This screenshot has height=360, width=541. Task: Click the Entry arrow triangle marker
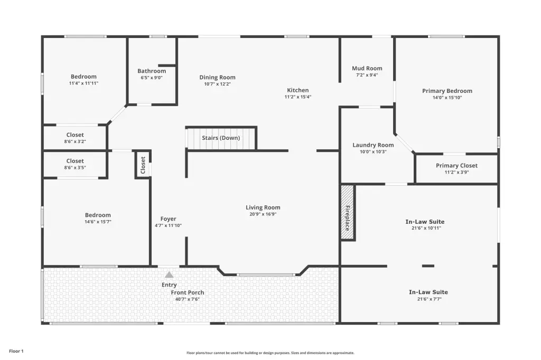coord(169,275)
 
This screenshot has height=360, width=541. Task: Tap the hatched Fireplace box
coord(348,212)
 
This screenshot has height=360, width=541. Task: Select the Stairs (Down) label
coord(221,138)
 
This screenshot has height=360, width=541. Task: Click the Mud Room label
coord(367,68)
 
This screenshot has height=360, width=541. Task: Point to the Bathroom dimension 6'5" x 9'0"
coord(152,78)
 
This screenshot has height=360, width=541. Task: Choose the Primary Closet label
coord(456,166)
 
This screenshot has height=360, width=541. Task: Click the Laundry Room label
coord(373,145)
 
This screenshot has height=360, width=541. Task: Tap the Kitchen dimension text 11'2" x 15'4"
coord(298,97)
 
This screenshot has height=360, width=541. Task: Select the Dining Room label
coord(217,78)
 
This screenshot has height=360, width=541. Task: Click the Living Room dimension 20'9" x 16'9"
coord(263,214)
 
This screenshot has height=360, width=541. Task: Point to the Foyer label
coord(169,219)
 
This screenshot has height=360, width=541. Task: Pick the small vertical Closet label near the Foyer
coord(143,165)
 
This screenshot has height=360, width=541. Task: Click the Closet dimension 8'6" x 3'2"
coord(75,141)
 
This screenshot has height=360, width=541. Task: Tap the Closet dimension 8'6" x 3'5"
coord(75,167)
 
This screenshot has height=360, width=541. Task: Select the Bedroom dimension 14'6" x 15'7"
coord(98,222)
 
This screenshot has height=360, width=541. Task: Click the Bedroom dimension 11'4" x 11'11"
coord(83,83)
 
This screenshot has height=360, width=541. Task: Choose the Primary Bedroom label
coord(447,91)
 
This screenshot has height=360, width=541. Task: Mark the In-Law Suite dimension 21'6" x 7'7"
coord(429,299)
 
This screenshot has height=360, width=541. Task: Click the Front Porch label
coord(188,293)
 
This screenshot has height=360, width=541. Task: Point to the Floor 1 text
coord(16,351)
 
